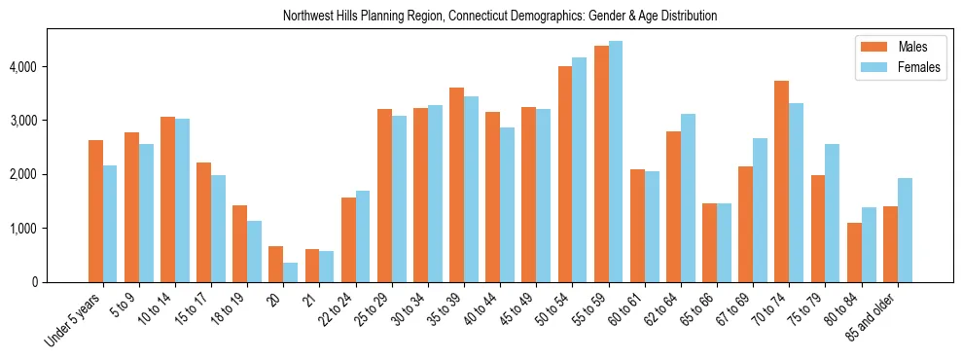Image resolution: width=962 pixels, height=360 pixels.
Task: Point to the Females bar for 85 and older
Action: [905, 231]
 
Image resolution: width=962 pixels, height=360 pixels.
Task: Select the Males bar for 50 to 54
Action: [565, 174]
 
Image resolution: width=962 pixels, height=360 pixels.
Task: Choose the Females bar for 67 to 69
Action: [761, 210]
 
